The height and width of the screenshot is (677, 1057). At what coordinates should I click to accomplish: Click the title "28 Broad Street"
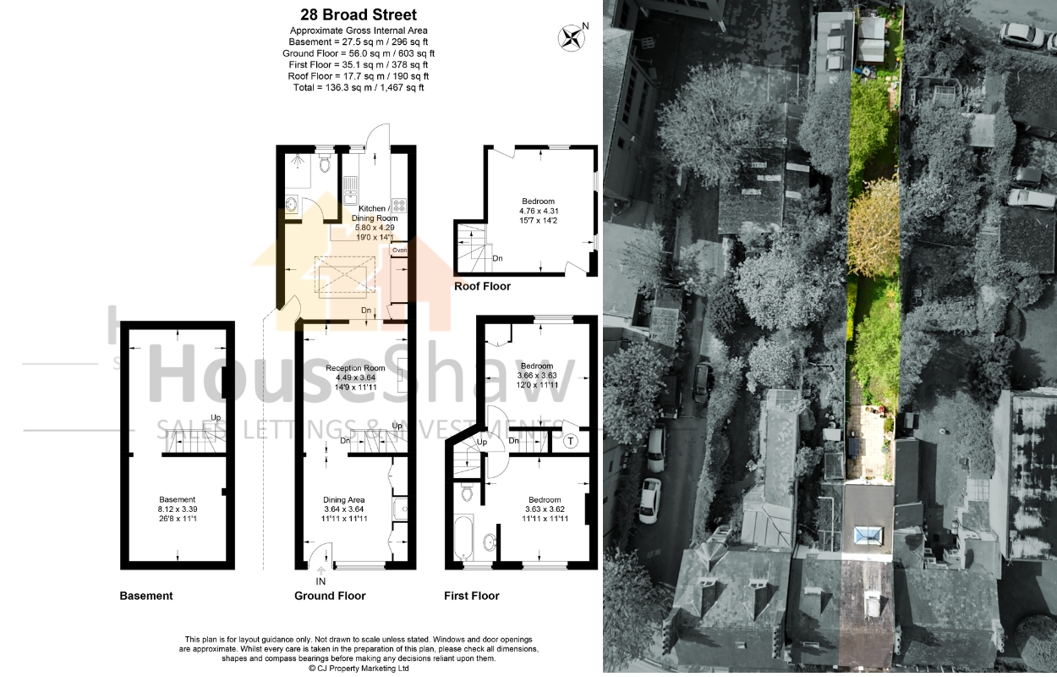tap(359, 14)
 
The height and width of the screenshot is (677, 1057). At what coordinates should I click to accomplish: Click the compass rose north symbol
tap(571, 38)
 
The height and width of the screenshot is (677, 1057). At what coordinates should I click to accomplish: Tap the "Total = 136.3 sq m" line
tap(359, 87)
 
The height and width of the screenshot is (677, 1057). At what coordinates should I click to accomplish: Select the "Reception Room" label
tap(355, 368)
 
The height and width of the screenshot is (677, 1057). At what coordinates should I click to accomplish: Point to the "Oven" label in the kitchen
tap(400, 250)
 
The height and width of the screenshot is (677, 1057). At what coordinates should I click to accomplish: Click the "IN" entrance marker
tap(320, 581)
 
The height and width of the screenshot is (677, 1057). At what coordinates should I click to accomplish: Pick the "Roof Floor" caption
tap(482, 286)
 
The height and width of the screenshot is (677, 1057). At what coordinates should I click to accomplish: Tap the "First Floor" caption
tap(471, 596)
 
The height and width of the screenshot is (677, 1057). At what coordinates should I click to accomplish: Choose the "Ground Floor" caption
tap(330, 596)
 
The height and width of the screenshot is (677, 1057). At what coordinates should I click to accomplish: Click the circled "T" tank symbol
tap(571, 442)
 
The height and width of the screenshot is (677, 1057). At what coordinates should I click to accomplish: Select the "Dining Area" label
tap(343, 500)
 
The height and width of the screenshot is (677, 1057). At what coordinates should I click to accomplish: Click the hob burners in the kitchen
tap(399, 206)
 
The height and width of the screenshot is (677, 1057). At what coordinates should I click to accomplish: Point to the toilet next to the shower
tap(325, 163)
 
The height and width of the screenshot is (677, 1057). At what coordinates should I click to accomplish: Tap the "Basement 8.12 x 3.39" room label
tap(178, 504)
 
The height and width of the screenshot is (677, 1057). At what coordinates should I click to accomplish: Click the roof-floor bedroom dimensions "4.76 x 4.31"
tap(539, 211)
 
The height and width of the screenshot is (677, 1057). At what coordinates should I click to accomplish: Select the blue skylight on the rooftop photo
tap(868, 536)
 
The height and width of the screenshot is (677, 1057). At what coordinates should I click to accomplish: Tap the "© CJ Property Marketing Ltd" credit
tap(359, 669)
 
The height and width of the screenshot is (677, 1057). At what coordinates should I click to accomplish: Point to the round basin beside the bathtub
tap(490, 543)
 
